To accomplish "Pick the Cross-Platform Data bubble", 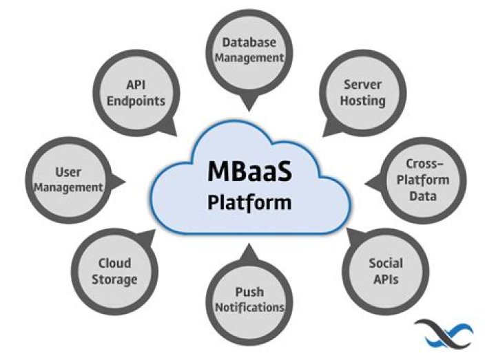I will [426, 180].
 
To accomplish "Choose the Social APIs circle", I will [385, 271].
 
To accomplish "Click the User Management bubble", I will [69, 179].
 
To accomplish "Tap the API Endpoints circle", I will [145, 92].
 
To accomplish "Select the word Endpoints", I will [145, 100].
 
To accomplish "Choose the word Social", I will [385, 263].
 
